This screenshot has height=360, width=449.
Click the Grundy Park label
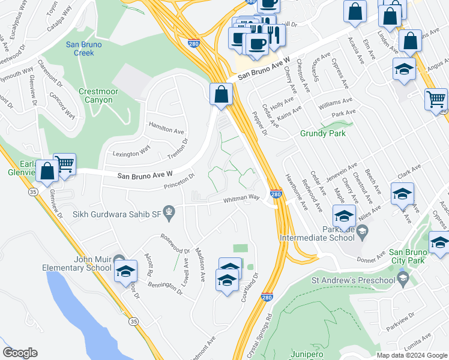(323, 133)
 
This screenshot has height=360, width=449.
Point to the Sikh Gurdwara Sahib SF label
(117, 213)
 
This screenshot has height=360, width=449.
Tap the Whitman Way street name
(241, 199)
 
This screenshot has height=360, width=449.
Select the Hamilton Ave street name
(166, 130)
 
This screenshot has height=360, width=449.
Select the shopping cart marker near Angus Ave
(436, 99)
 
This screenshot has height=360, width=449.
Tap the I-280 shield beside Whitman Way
(276, 194)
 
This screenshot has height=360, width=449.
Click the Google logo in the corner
(20, 353)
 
